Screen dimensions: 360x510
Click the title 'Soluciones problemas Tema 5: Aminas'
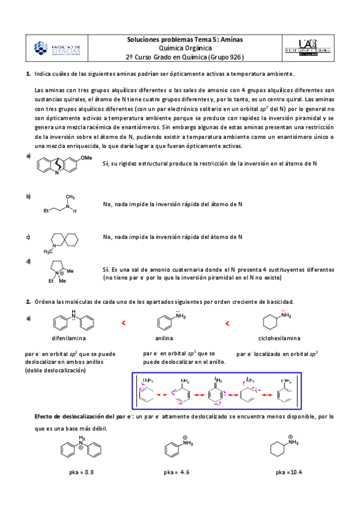[189, 39]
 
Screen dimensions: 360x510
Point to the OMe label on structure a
[87, 158]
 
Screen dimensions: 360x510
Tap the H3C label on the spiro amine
[49, 251]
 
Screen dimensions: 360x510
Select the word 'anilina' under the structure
[164, 338]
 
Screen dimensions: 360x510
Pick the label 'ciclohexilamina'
[279, 338]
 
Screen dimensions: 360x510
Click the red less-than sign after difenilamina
[124, 324]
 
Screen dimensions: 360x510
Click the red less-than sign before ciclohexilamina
[227, 324]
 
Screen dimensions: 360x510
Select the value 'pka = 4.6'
[177, 472]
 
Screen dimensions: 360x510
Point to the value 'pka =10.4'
[289, 472]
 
